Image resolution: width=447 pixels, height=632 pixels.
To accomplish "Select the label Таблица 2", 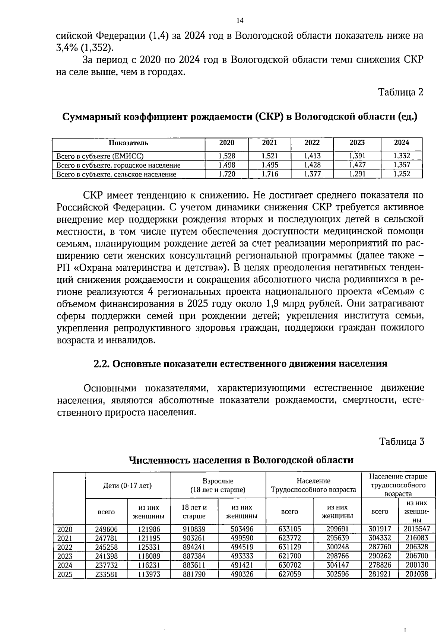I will [x=401, y=92].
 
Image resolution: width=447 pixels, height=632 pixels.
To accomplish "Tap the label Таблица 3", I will [x=402, y=442].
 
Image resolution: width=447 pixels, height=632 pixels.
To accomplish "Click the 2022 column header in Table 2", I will [x=312, y=143].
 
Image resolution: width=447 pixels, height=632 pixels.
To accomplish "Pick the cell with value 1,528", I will [x=226, y=156].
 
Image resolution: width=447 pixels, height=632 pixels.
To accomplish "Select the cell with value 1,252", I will [x=402, y=174].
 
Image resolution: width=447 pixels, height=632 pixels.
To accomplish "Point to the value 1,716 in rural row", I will [x=270, y=174].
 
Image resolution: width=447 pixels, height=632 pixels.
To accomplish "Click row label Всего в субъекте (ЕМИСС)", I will [x=100, y=156].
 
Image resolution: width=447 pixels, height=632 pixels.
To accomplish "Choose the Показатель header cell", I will [x=129, y=143].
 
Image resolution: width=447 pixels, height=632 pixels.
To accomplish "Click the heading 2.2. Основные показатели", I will [x=240, y=363].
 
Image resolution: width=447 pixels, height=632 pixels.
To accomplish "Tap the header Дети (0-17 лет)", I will [x=127, y=485].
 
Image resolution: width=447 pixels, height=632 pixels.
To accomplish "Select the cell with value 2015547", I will [x=416, y=529].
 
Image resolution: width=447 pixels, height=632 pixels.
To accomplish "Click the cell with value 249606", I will [x=106, y=529].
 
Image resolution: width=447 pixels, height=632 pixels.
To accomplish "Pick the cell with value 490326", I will [x=241, y=574].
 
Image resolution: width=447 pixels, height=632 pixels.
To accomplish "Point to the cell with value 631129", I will [x=289, y=547].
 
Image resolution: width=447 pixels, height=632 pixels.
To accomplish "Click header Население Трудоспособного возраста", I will [x=313, y=485].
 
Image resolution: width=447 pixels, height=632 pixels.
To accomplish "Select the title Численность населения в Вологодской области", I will [x=241, y=460].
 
